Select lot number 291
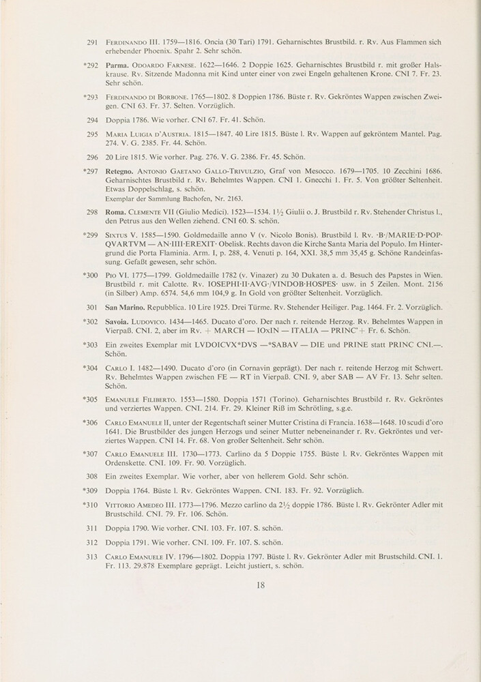tap(94, 43)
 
